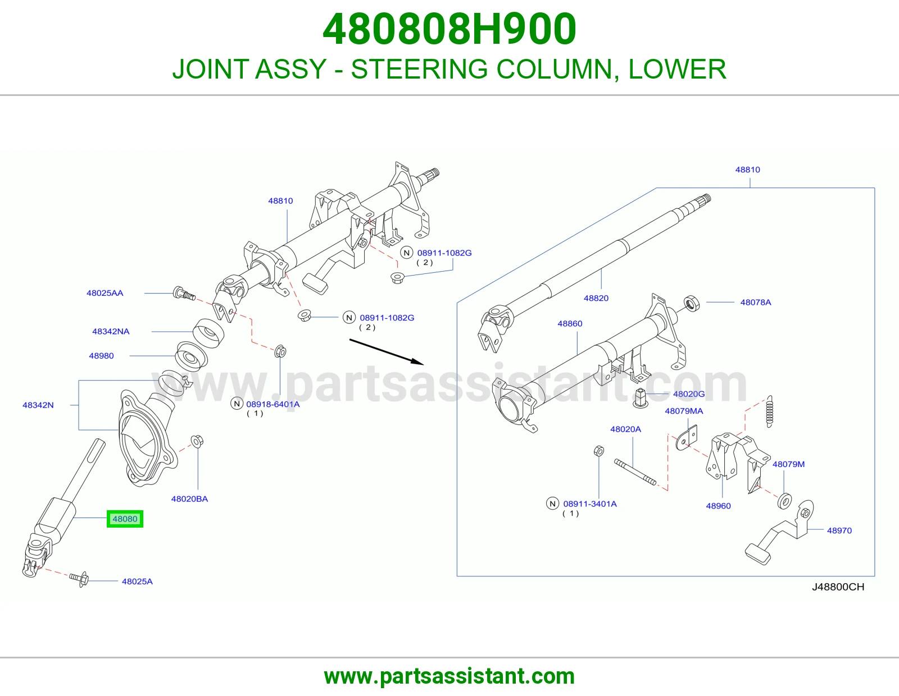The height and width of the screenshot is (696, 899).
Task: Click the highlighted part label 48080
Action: [125, 519]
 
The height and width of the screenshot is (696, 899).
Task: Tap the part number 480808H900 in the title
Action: [449, 29]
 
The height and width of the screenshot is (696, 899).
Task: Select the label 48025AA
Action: [105, 293]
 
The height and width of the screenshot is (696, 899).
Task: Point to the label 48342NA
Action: [111, 332]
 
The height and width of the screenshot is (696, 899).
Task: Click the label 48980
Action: [101, 356]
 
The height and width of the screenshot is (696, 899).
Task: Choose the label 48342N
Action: [38, 405]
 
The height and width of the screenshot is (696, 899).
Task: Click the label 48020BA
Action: [189, 499]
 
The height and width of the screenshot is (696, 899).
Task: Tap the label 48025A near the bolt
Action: [137, 581]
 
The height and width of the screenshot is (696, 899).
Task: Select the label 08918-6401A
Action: [273, 404]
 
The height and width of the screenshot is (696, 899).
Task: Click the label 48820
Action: [596, 298]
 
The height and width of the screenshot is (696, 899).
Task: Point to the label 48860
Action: [570, 324]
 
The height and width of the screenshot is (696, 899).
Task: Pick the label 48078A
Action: [756, 302]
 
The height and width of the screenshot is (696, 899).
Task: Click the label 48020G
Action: [689, 394]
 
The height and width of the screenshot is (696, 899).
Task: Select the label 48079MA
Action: [684, 411]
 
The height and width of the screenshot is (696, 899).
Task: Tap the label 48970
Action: [839, 530]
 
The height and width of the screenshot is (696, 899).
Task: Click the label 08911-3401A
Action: [590, 504]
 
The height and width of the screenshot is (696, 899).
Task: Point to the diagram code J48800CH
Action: [838, 587]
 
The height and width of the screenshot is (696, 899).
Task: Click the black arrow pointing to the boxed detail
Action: [387, 352]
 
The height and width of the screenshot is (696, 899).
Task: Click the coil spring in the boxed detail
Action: [770, 411]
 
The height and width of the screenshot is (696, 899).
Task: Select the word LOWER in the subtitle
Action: [677, 69]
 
